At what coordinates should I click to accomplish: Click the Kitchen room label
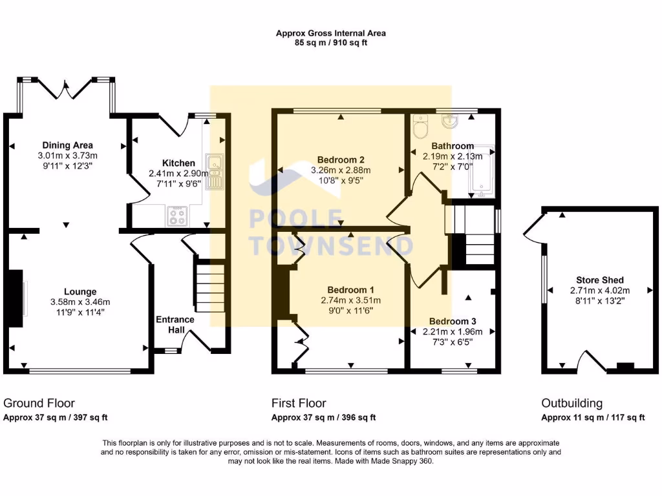point(175,163)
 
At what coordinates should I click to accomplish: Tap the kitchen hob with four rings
point(176,215)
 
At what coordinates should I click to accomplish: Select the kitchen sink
point(214,172)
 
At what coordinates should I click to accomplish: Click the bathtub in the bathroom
point(482,170)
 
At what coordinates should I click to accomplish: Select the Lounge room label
point(80,292)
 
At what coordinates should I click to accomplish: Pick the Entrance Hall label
point(175,325)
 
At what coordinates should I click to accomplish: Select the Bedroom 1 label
point(350,289)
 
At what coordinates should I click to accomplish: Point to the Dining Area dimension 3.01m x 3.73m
point(67,155)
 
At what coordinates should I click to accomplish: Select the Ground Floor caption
point(39,404)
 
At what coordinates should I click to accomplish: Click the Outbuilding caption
point(571,404)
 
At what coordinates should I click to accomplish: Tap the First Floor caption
point(299,404)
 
